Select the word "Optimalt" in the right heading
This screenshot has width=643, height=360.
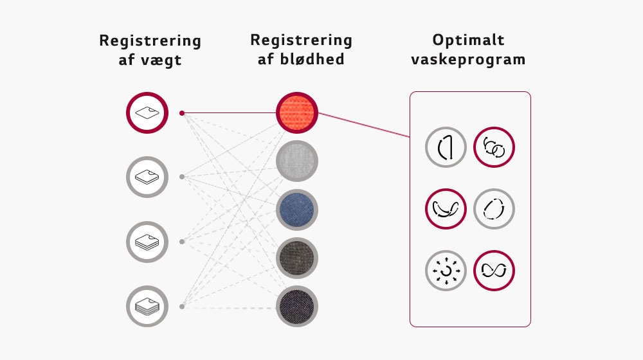point(468,40)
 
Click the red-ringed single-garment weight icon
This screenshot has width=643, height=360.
point(147,113)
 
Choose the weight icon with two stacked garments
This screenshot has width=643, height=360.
point(147,177)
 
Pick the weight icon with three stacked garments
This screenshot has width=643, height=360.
point(147,242)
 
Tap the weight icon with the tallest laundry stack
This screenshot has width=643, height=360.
point(147,306)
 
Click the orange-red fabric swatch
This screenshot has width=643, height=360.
point(297,113)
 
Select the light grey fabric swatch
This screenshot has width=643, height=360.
point(297,161)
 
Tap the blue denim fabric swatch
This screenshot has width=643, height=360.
point(297,210)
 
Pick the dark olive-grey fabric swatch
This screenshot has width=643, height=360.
point(297,258)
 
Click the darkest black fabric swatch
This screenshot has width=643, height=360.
point(297,306)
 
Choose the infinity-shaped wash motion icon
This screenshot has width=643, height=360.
point(494,270)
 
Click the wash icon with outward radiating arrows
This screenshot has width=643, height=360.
point(446,270)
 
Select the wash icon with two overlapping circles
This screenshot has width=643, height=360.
point(494,148)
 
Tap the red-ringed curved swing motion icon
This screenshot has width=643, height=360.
point(446,209)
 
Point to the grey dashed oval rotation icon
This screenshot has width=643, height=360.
point(494,209)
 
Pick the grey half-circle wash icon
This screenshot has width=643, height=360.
point(446,148)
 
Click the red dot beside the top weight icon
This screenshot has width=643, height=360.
point(182,113)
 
